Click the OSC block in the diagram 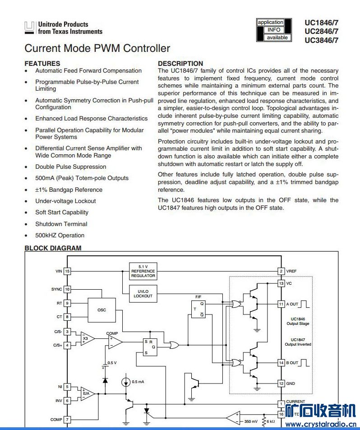(102, 310)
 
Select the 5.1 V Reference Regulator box (143, 271)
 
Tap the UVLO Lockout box (143, 294)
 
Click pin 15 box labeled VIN (67, 271)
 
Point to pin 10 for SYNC (67, 289)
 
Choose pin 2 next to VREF (281, 271)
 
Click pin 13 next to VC (281, 283)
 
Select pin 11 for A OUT (281, 304)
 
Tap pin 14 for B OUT (281, 362)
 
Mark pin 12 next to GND (281, 384)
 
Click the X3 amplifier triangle (87, 338)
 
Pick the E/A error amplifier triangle (87, 393)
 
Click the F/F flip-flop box (198, 309)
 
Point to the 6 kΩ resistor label (270, 421)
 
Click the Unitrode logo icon (30, 28)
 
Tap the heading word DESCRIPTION (180, 64)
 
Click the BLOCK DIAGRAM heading (53, 248)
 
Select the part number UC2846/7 (321, 31)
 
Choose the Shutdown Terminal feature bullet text (61, 224)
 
